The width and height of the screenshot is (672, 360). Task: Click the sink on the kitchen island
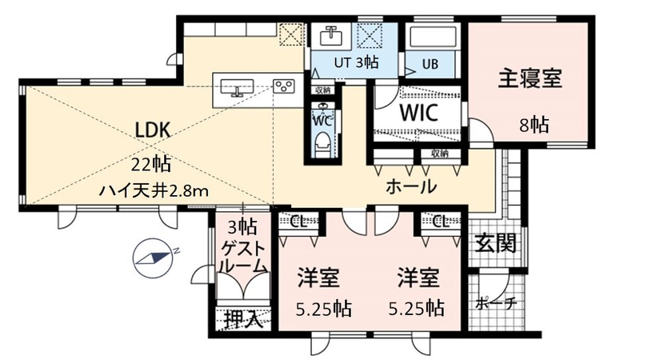237,86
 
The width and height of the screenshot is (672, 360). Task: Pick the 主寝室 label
530,78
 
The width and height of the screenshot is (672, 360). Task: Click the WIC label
418,112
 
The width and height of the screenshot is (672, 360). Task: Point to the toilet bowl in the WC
322,142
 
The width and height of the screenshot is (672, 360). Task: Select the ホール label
411,188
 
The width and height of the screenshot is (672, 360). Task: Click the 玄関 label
494,242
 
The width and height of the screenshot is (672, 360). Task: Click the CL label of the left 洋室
299,222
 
